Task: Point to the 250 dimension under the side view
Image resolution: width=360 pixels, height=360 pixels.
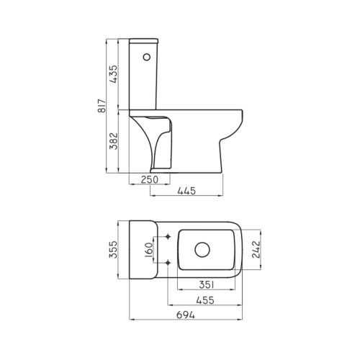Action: click(150, 179)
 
